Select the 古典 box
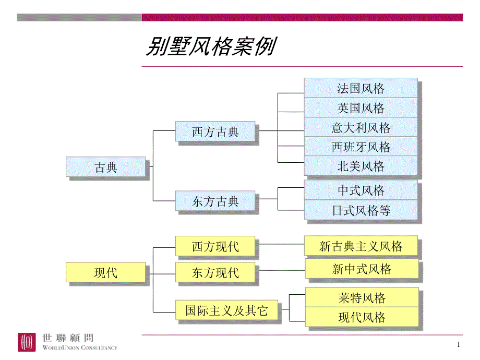coord(106,167)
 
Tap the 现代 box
coord(106,272)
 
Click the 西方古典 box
coord(215,131)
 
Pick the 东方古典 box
coord(215,201)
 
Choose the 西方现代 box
coord(215,246)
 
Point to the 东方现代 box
coord(215,272)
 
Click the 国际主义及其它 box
coord(226,311)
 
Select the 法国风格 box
coord(361,88)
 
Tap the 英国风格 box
coord(361,108)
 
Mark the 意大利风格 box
coord(361,127)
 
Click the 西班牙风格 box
coord(361,147)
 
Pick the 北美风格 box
coord(361,166)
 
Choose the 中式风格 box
coord(361,190)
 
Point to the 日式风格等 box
coord(361,211)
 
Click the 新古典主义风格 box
coord(361,246)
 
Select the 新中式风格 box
coord(362,269)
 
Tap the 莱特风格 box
coord(362,297)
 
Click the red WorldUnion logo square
coord(27,342)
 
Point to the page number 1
coord(458,344)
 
